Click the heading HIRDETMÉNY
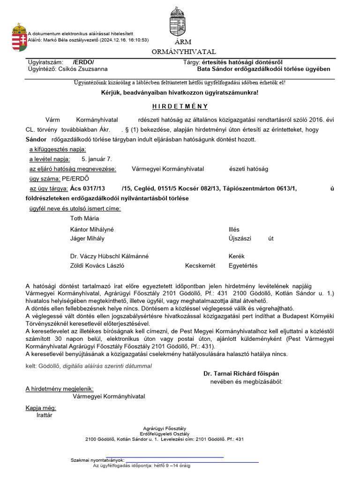coord(180,106)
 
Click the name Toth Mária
coord(84,218)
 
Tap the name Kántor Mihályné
coord(92,229)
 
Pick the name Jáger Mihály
coord(87,238)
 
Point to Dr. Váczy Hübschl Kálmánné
coord(109,256)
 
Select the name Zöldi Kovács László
coord(97,265)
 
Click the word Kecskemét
coord(200,265)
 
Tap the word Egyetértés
coord(243,265)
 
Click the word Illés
coord(234,229)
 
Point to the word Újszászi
coord(240,238)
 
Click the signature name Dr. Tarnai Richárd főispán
coord(241,374)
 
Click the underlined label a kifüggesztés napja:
coord(58,149)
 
